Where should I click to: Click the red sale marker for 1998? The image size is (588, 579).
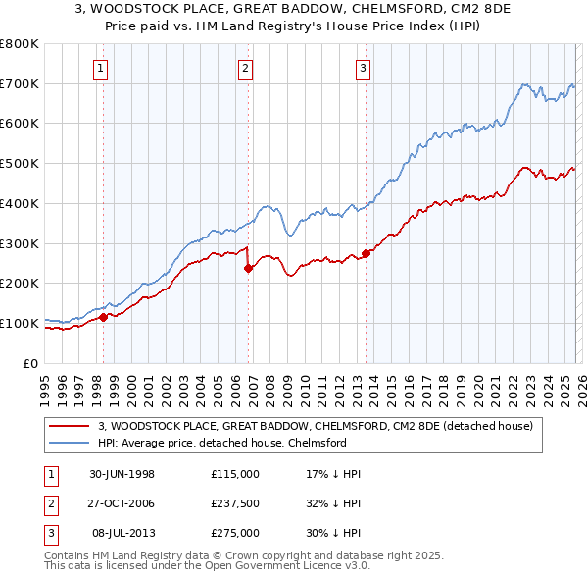[103, 317]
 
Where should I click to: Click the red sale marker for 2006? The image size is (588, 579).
[248, 268]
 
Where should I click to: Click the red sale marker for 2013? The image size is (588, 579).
[366, 253]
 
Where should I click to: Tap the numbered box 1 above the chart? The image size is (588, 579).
[102, 68]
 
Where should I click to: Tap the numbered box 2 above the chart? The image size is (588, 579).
[244, 68]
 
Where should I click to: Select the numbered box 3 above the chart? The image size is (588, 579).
[363, 68]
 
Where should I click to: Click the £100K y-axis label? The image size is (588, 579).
[20, 323]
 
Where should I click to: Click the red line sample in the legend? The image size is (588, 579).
[69, 426]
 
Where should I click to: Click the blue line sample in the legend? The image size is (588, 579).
[69, 443]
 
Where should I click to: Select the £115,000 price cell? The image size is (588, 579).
[235, 474]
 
